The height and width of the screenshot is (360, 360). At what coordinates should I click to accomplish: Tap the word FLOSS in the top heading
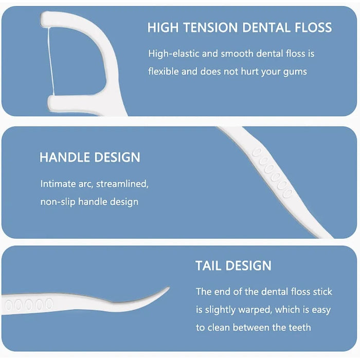[x=312, y=28]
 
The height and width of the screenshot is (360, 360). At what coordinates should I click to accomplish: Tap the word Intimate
[x=58, y=184]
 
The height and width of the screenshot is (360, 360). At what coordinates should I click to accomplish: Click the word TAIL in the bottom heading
[x=209, y=266]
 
